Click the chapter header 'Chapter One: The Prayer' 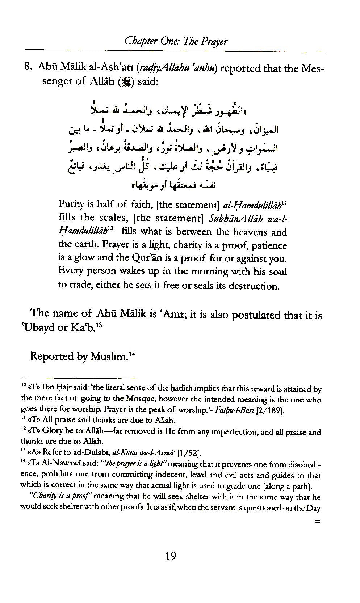(x=176, y=41)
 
